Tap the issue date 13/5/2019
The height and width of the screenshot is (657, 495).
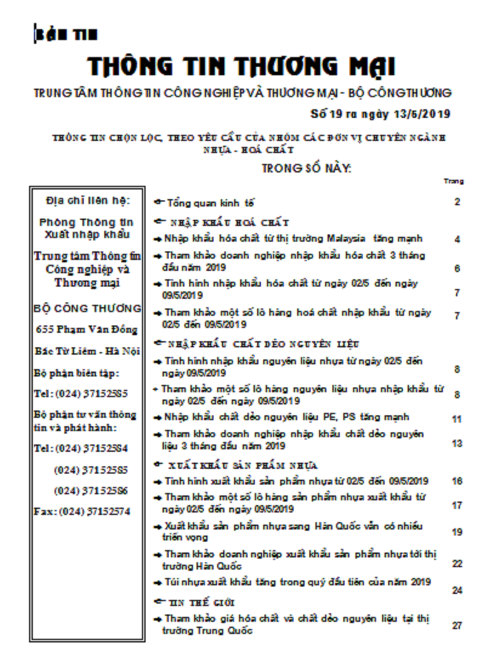point(419,114)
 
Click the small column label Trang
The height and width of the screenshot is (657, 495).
point(454,181)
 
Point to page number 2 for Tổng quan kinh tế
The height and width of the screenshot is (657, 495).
point(457,202)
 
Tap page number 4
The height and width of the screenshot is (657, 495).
point(457,239)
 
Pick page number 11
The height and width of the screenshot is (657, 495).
point(457,419)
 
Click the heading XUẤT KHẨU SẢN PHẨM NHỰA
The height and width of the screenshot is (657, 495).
point(243,466)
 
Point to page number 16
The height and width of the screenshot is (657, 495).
point(457,482)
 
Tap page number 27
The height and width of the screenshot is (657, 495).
point(457,625)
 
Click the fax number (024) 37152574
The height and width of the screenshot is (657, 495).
point(92,511)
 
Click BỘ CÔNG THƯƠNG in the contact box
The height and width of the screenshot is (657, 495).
point(87,308)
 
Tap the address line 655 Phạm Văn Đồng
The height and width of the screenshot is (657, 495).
point(87,330)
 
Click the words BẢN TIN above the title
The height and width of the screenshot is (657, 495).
point(66,35)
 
